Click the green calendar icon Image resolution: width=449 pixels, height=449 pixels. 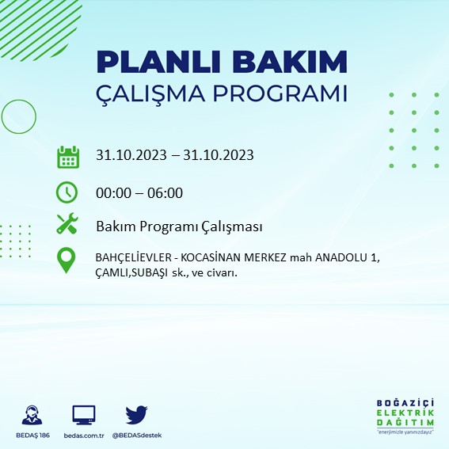(68, 156)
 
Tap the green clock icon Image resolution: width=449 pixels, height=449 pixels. (67, 192)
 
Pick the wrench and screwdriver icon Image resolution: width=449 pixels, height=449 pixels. (67, 225)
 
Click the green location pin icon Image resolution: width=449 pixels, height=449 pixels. (67, 261)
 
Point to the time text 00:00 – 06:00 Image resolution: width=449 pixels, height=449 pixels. (139, 192)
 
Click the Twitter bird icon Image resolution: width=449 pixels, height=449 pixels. (137, 414)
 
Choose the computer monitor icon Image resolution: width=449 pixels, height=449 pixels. (83, 414)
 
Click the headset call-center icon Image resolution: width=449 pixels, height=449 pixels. (32, 414)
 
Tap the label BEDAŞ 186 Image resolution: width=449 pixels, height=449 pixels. (32, 436)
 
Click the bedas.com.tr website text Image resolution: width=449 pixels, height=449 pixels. (84, 436)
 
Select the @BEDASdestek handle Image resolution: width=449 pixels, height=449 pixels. (137, 436)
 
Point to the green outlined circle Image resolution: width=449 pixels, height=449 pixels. (18, 116)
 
